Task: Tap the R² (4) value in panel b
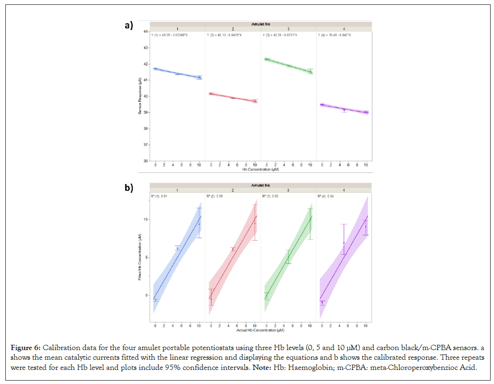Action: point(326,197)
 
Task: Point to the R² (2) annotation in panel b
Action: point(215,197)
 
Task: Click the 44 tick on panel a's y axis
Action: point(145,31)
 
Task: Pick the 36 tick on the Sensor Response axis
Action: point(145,161)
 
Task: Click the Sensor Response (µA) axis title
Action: point(139,96)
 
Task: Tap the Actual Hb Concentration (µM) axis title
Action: point(260,331)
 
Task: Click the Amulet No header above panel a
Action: point(260,24)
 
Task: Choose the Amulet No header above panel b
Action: point(260,185)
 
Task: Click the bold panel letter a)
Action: point(129,26)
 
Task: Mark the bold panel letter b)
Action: point(129,188)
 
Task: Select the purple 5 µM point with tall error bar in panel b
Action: point(344,243)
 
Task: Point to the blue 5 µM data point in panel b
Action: point(177,248)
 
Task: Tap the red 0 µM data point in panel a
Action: point(211,93)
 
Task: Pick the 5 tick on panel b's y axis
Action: point(145,257)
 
